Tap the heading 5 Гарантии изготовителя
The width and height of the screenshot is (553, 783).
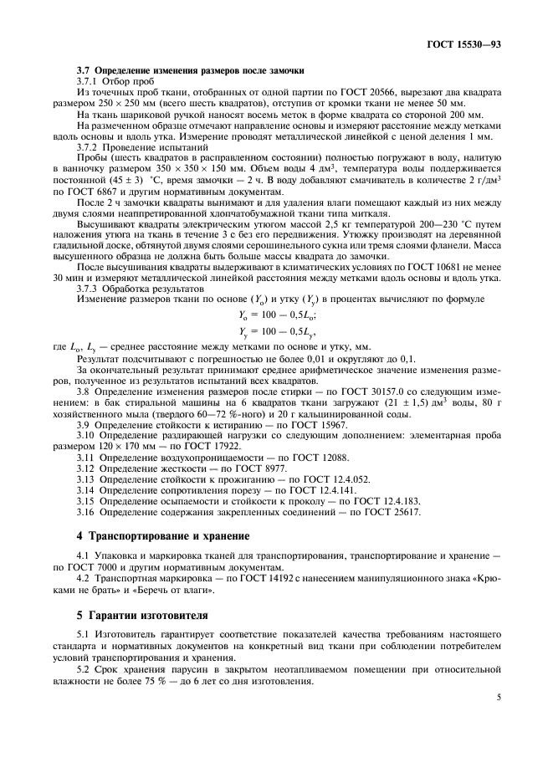point(136,616)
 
